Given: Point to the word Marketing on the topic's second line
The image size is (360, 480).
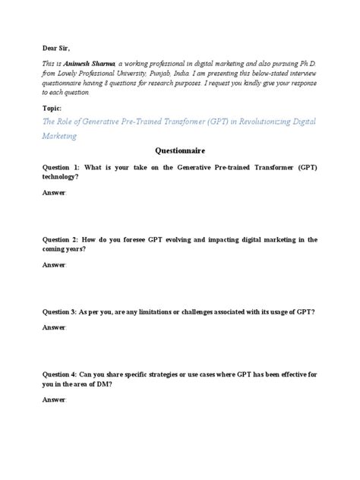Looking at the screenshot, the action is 62,136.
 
